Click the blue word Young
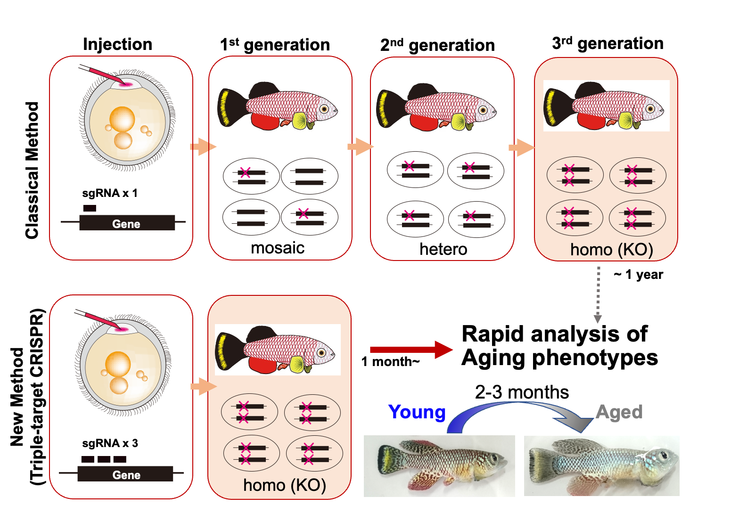tap(417, 412)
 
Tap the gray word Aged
tap(619, 412)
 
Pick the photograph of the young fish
tap(439, 465)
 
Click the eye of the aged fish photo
tap(664, 455)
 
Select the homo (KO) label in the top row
tap(611, 249)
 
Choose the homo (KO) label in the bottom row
tap(285, 485)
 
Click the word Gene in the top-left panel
tap(126, 224)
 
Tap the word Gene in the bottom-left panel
tap(126, 475)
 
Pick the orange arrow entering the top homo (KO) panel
tap(521, 148)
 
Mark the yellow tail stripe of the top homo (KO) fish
tap(550, 108)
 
